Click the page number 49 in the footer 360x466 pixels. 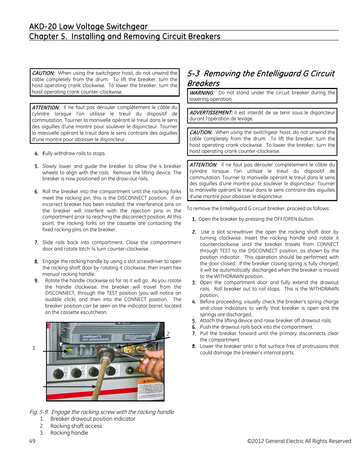(32, 441)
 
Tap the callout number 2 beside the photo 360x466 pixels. (168, 334)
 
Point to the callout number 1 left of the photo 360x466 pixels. (34, 348)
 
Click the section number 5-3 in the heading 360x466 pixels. (194, 74)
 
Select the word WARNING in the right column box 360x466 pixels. (202, 93)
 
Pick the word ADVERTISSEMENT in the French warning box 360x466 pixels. (211, 113)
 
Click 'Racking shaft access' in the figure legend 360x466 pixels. (76, 426)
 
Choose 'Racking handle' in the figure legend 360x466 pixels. (69, 433)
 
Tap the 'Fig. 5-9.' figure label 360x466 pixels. (39, 412)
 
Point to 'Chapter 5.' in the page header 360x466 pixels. (44, 37)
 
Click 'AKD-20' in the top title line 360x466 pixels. (43, 26)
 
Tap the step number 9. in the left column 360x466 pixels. (36, 281)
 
